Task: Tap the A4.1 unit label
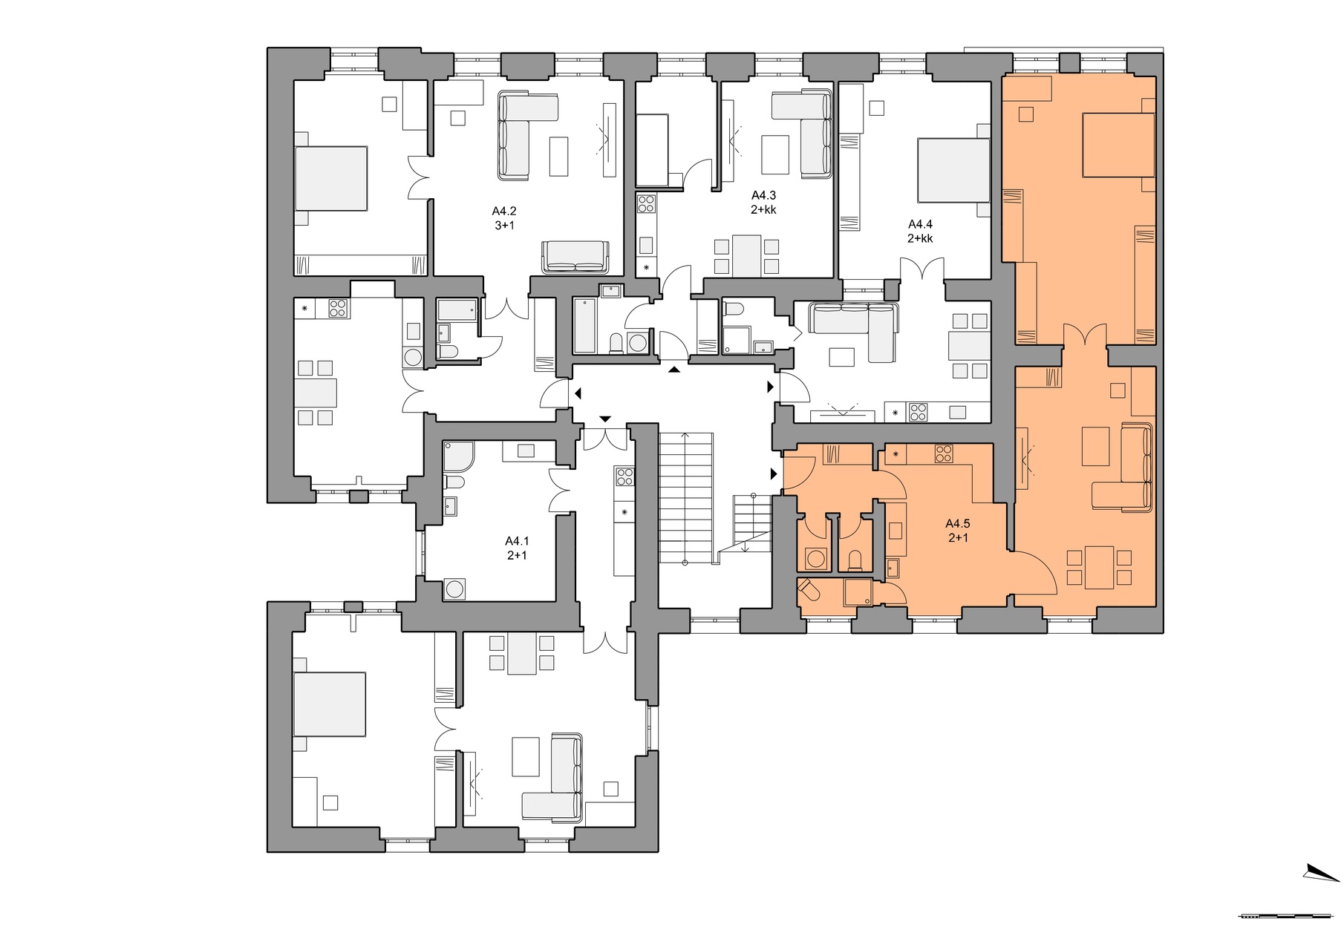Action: click(517, 541)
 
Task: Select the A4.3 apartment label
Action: click(763, 195)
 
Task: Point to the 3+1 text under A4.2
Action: click(504, 225)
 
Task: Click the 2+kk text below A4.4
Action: click(920, 238)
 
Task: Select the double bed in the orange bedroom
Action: click(1118, 145)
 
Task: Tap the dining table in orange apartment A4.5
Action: click(1099, 567)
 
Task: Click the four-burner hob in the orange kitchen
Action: click(944, 453)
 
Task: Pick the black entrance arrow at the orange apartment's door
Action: click(774, 474)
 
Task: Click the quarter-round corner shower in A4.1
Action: click(458, 456)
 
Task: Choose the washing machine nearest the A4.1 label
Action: click(455, 589)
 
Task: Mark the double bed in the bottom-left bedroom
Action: click(330, 704)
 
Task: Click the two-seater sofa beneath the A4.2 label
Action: click(575, 257)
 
